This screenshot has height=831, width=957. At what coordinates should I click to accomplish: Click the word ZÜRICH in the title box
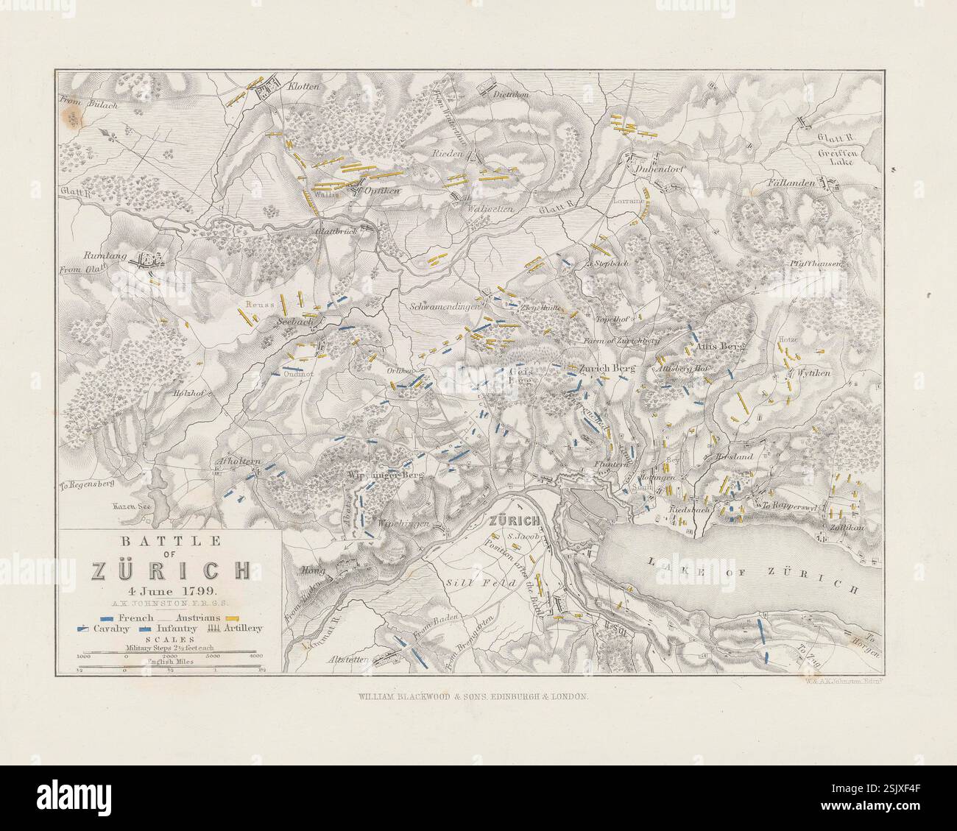[x=170, y=570]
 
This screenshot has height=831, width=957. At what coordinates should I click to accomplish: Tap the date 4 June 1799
[x=170, y=591]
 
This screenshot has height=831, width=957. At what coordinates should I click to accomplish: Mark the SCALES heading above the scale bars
[x=170, y=640]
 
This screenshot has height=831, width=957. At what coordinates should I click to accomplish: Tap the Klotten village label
[x=303, y=86]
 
